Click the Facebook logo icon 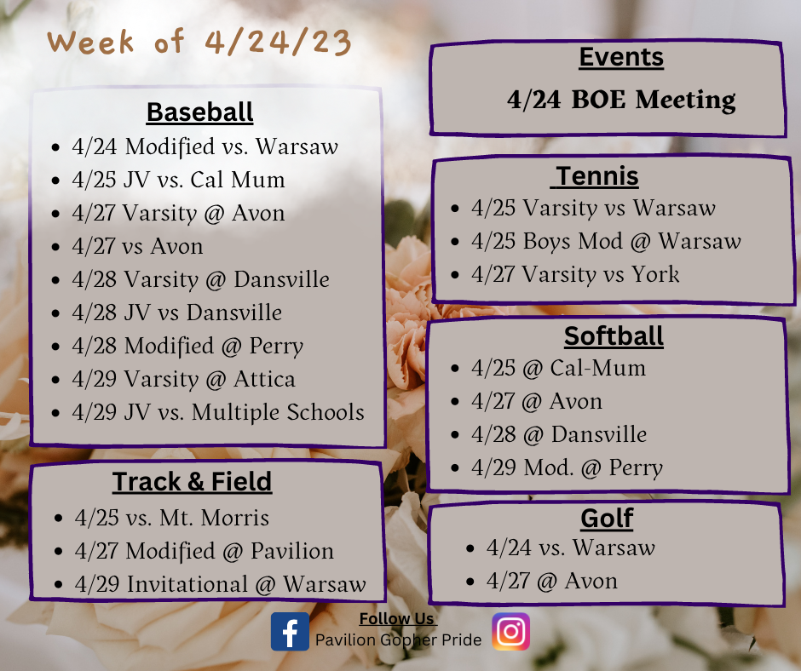pyautogui.click(x=290, y=632)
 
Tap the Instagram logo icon pyautogui.click(x=510, y=632)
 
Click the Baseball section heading pyautogui.click(x=199, y=112)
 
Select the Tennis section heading pyautogui.click(x=597, y=176)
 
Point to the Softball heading pyautogui.click(x=614, y=336)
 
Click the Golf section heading pyautogui.click(x=607, y=519)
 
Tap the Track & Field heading pyautogui.click(x=192, y=482)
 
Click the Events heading pyautogui.click(x=621, y=57)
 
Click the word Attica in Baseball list pyautogui.click(x=265, y=380)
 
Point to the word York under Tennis pyautogui.click(x=655, y=274)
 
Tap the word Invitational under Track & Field pyautogui.click(x=187, y=584)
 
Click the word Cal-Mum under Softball pyautogui.click(x=597, y=368)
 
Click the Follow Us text pyautogui.click(x=397, y=619)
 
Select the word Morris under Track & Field pyautogui.click(x=235, y=518)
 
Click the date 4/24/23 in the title pyautogui.click(x=278, y=42)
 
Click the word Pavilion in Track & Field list pyautogui.click(x=292, y=551)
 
